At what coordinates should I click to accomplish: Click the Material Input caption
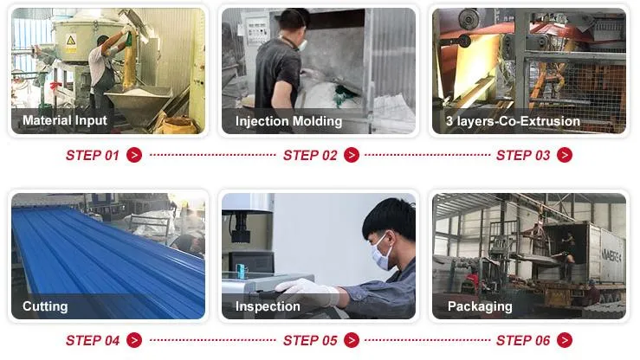(65, 121)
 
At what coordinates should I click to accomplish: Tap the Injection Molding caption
(288, 121)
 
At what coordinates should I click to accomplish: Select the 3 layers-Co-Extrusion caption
(513, 121)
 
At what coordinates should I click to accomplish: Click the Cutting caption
(45, 306)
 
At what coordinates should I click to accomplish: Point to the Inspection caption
(268, 306)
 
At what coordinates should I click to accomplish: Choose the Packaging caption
(480, 306)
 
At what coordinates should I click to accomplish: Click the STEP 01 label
(93, 156)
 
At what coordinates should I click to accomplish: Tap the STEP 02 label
(310, 156)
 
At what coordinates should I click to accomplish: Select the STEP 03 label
(523, 156)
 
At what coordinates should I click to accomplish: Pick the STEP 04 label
(93, 341)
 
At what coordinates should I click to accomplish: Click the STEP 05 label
(310, 341)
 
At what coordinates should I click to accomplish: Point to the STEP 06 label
(523, 341)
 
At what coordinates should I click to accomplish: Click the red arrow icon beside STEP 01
(134, 156)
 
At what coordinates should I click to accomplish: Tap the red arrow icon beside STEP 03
(565, 156)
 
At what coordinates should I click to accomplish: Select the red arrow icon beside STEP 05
(352, 341)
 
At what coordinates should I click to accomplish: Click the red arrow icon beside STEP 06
(565, 341)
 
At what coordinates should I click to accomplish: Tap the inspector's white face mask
(381, 254)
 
